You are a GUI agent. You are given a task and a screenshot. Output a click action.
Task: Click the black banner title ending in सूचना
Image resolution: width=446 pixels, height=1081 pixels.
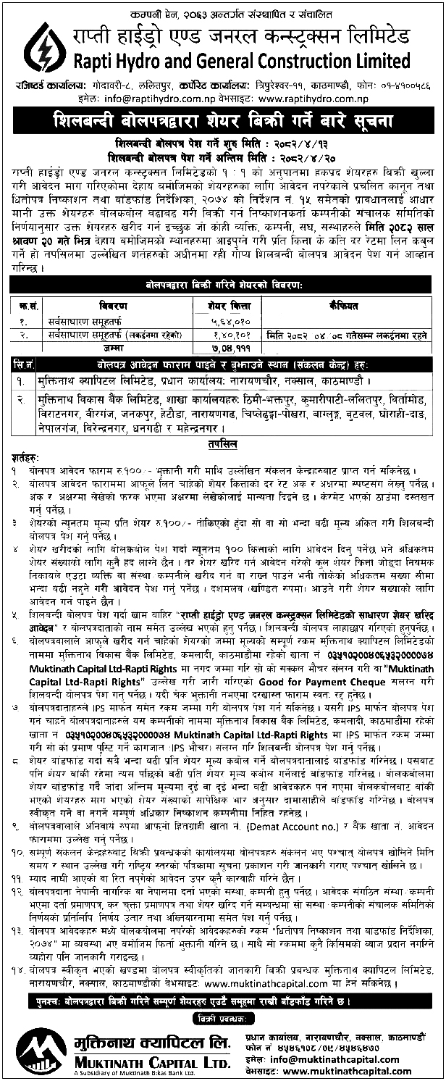tap(223, 117)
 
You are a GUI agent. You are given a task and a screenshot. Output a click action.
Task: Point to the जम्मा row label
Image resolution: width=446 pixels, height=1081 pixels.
tap(109, 347)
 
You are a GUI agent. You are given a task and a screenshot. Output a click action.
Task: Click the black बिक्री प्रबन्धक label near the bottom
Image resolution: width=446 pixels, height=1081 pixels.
tap(223, 1019)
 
